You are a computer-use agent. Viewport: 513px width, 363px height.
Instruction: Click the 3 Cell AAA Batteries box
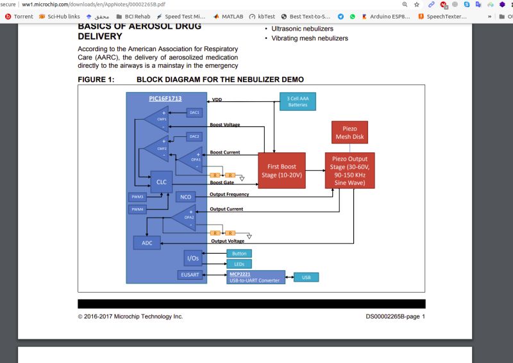(297, 102)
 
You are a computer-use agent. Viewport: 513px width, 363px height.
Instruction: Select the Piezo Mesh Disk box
(349, 133)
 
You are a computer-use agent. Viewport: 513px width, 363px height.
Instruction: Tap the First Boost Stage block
(281, 170)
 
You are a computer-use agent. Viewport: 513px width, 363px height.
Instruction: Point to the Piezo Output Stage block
(349, 170)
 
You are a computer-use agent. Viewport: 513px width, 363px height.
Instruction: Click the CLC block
(160, 182)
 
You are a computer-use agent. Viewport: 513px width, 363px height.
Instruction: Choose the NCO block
(185, 197)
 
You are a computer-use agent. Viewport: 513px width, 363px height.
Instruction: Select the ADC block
(147, 243)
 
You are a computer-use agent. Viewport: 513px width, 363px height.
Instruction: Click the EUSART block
(190, 275)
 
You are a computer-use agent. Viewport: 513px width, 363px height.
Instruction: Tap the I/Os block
(193, 258)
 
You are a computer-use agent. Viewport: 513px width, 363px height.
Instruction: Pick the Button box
(239, 254)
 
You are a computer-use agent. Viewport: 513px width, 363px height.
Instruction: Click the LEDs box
(239, 264)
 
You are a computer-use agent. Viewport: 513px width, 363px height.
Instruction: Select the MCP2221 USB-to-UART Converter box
(256, 277)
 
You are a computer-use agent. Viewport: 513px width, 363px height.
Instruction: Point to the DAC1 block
(194, 113)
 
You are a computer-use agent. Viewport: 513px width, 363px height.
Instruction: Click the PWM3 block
(137, 197)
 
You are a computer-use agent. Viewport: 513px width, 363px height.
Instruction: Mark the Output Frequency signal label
(230, 195)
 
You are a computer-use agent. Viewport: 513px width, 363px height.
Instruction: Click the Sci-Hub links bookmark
(60, 16)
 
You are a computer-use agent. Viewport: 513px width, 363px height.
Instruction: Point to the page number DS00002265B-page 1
(395, 316)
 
